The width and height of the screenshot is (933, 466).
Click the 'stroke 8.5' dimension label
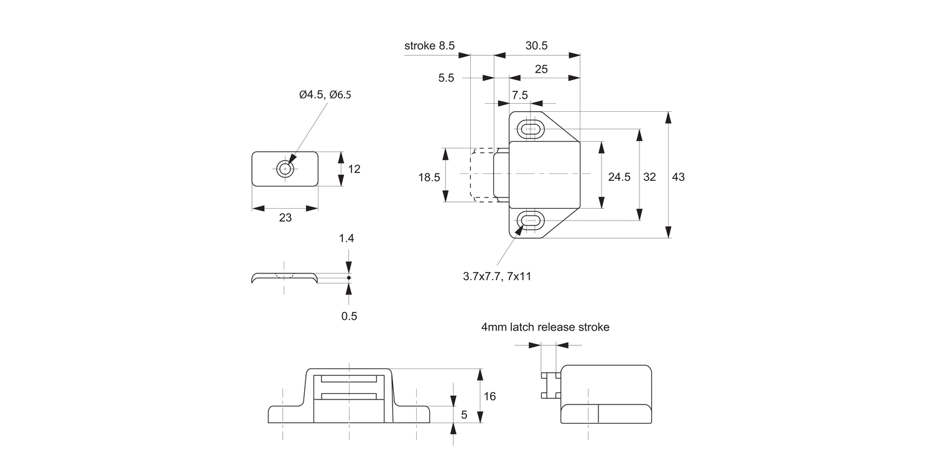click(x=429, y=45)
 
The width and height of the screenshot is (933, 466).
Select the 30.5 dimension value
click(x=536, y=45)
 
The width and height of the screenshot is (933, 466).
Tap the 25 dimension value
click(x=541, y=69)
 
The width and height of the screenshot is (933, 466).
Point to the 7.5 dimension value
click(x=519, y=95)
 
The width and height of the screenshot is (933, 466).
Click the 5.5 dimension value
click(x=446, y=78)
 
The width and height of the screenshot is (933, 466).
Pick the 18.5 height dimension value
click(x=429, y=177)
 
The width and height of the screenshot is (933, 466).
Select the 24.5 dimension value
click(x=619, y=177)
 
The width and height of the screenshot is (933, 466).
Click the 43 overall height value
click(x=678, y=177)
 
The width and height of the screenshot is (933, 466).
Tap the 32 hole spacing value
click(x=649, y=177)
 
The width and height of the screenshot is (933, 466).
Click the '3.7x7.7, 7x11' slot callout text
click(x=497, y=276)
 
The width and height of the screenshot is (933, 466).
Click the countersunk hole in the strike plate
click(x=285, y=168)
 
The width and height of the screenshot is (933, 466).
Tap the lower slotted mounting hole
click(x=530, y=220)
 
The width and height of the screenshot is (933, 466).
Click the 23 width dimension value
click(x=285, y=217)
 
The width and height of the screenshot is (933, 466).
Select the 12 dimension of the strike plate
click(x=354, y=169)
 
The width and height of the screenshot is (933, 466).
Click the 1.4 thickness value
click(x=349, y=239)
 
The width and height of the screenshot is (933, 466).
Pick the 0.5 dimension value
click(x=349, y=316)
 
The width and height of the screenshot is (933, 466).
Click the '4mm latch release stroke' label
click(x=545, y=327)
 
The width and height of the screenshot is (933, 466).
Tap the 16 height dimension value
click(x=490, y=396)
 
